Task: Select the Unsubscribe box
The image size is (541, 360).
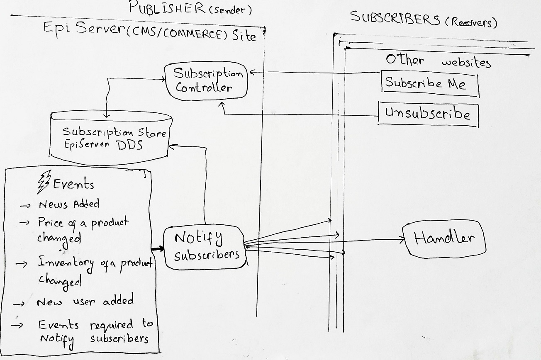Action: click(428, 114)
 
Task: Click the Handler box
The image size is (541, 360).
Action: click(444, 239)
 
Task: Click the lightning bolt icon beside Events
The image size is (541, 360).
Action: click(44, 182)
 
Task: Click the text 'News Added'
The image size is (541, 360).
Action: click(69, 204)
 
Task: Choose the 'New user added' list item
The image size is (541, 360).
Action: click(85, 301)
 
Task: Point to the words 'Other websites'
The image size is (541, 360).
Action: click(438, 61)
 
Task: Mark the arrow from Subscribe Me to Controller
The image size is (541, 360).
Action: click(315, 73)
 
